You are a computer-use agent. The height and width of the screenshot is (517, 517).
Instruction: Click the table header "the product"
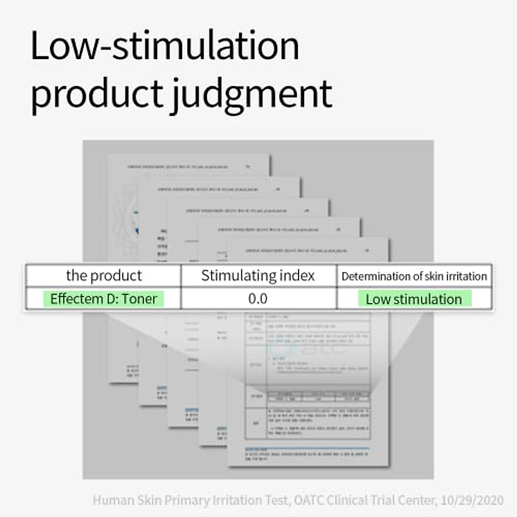coord(104,276)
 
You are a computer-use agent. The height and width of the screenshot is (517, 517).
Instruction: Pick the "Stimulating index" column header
coord(258,276)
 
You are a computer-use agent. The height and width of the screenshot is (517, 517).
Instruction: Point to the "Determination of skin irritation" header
coord(414,276)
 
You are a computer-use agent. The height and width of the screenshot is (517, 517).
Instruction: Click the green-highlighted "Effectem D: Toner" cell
coord(103,299)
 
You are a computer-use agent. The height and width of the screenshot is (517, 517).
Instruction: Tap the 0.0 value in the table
coord(258,299)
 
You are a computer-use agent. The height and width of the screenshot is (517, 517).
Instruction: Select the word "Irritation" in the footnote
coord(237,501)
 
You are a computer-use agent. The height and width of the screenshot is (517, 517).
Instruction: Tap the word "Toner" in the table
coord(140,299)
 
